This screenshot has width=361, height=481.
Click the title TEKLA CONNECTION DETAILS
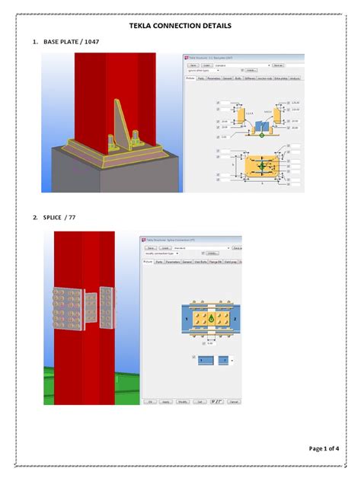click(x=180, y=26)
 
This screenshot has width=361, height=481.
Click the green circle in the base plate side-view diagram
click(x=261, y=135)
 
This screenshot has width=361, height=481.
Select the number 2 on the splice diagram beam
click(x=235, y=319)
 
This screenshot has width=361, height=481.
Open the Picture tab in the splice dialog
click(x=148, y=261)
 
